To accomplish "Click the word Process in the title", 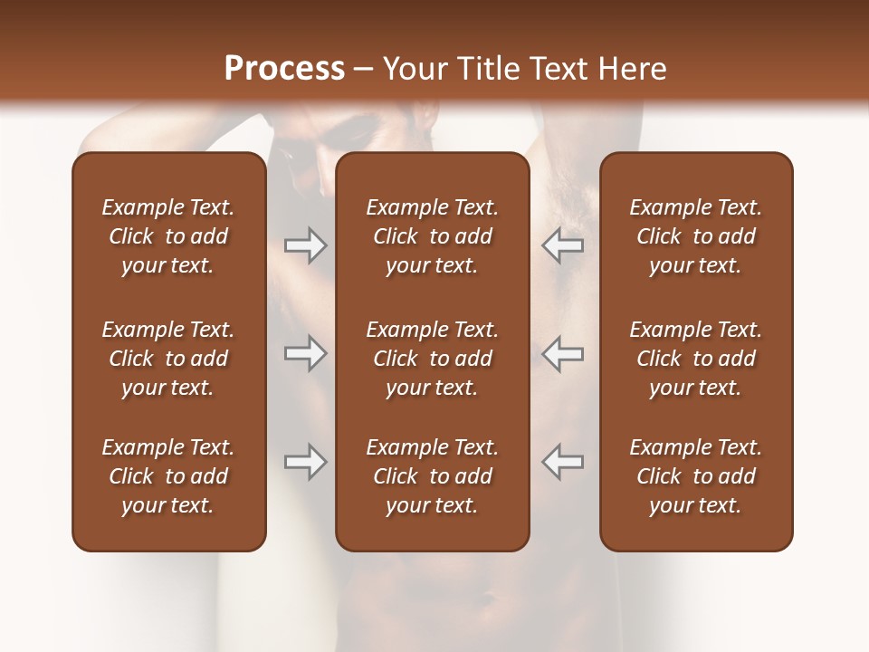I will (x=284, y=68).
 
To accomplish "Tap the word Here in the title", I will (x=631, y=69).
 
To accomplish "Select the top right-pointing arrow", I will (x=305, y=245).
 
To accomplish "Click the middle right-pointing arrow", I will (x=305, y=353).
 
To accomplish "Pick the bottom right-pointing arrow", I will (x=305, y=462).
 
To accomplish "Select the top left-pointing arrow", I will (x=562, y=245).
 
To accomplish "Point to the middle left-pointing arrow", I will (x=562, y=353).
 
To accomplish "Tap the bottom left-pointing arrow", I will (x=562, y=462).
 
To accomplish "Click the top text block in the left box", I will (x=168, y=236).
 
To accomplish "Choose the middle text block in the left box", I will (x=168, y=359).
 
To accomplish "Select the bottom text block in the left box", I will (x=168, y=476).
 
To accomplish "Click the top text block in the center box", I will (x=432, y=236).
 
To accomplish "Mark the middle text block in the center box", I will (x=432, y=359).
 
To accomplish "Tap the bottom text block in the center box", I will (x=432, y=476).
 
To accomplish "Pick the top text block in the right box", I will (x=695, y=236).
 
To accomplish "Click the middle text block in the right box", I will (x=695, y=359).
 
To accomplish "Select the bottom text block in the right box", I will (x=695, y=476).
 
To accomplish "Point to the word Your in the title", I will (x=414, y=69).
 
